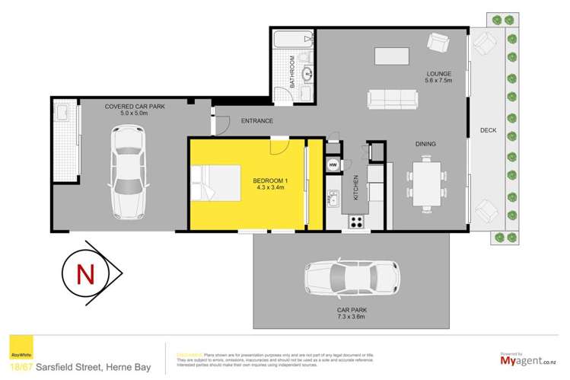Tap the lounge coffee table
[393, 56]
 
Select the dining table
[425, 182]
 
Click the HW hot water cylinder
[333, 166]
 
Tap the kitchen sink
[334, 200]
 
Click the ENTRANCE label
[256, 121]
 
